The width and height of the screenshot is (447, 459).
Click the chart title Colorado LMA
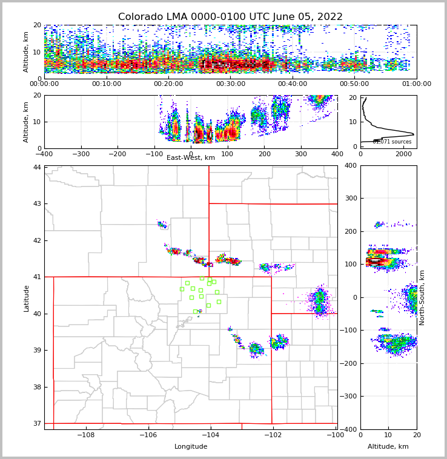230,17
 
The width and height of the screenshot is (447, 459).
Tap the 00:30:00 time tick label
230,84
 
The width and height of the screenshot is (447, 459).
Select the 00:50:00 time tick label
354,84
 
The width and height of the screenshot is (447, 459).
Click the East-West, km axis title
191,158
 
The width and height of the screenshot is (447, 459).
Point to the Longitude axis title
191,446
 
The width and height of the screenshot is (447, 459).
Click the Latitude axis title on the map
27,298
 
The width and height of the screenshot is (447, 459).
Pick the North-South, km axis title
422,297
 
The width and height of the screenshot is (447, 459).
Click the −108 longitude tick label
85,435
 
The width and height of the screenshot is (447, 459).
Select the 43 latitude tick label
38,203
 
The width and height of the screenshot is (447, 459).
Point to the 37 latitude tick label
38,423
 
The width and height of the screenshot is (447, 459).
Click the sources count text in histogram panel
392,142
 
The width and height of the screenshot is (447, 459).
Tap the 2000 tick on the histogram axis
403,154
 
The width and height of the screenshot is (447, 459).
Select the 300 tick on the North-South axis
349,198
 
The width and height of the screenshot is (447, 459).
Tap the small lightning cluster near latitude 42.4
162,225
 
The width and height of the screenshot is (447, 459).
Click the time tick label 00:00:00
45,84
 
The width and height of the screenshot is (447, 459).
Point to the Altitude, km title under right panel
388,446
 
